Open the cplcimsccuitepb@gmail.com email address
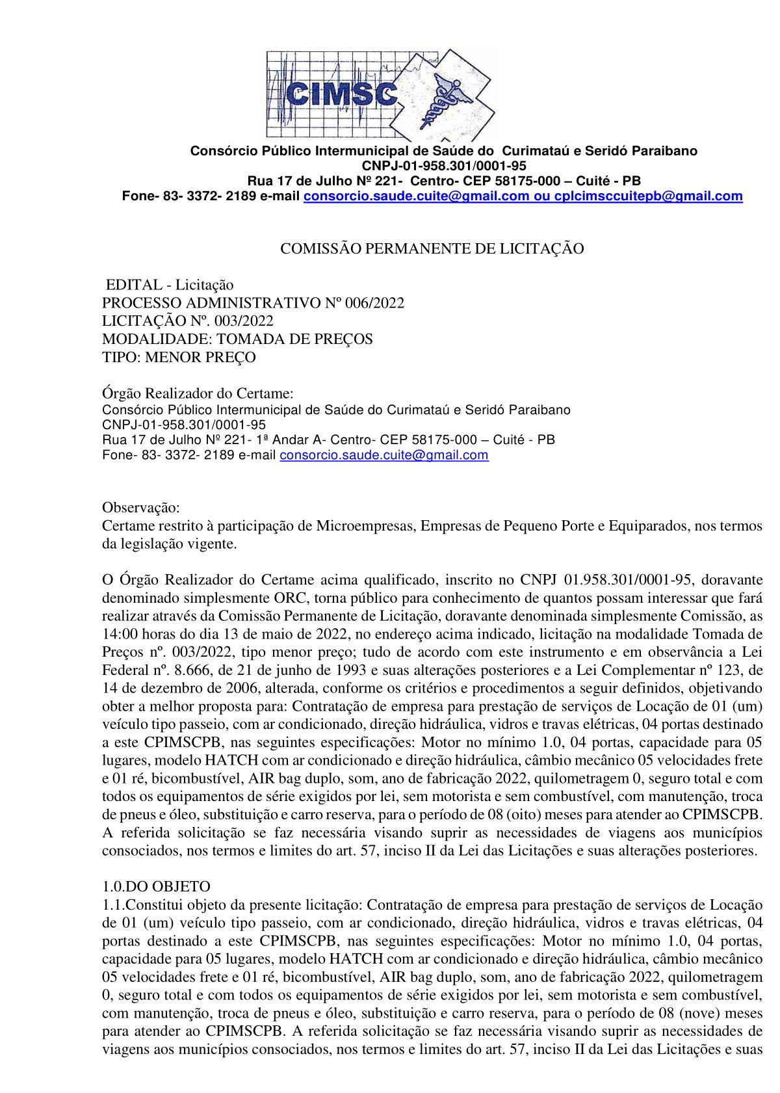click(x=648, y=196)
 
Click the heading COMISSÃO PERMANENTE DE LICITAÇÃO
click(x=432, y=248)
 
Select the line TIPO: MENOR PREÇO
click(x=179, y=357)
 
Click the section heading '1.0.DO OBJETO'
click(x=156, y=886)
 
